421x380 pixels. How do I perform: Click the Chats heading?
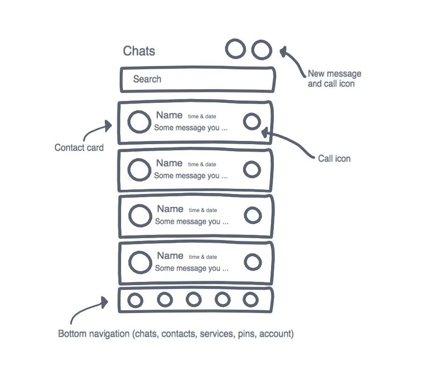point(139,51)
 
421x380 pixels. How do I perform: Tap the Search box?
point(198,80)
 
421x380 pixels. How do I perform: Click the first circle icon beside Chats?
point(236,49)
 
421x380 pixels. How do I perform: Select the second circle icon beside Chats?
point(262,50)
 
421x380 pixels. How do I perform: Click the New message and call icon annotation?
point(334,79)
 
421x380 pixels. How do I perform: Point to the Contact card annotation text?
point(79,147)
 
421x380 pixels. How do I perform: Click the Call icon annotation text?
point(334,159)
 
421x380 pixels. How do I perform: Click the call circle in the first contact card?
point(252,122)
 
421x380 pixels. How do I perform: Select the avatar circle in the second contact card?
point(139,170)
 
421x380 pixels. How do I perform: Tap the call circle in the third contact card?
point(253,215)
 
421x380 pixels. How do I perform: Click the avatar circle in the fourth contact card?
point(140,262)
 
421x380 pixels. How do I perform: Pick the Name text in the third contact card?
point(170,209)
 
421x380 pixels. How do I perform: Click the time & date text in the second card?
point(202,164)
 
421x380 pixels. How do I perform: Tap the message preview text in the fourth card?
point(191,268)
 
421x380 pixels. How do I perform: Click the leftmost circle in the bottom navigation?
point(135,300)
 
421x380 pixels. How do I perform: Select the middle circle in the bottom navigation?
point(194,300)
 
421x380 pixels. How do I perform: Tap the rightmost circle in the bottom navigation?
point(251,300)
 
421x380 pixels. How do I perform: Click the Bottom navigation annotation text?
point(176,334)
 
